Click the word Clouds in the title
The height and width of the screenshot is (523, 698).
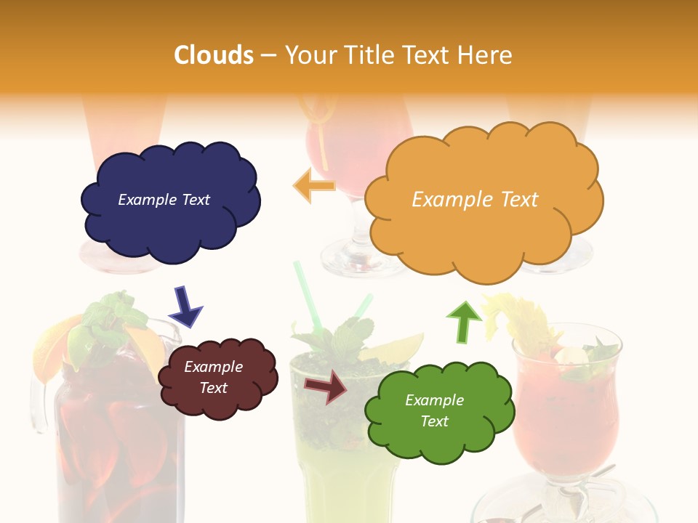pyautogui.click(x=213, y=55)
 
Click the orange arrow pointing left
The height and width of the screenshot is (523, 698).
pyautogui.click(x=313, y=186)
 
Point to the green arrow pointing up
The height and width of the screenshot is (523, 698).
pyautogui.click(x=463, y=320)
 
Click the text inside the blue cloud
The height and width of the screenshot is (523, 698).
pyautogui.click(x=164, y=200)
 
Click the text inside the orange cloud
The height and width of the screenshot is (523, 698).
pyautogui.click(x=475, y=200)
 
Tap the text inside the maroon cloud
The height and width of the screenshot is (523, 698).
pyautogui.click(x=213, y=377)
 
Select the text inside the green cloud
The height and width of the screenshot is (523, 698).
pyautogui.click(x=434, y=410)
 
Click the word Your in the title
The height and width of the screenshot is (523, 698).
pyautogui.click(x=310, y=55)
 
